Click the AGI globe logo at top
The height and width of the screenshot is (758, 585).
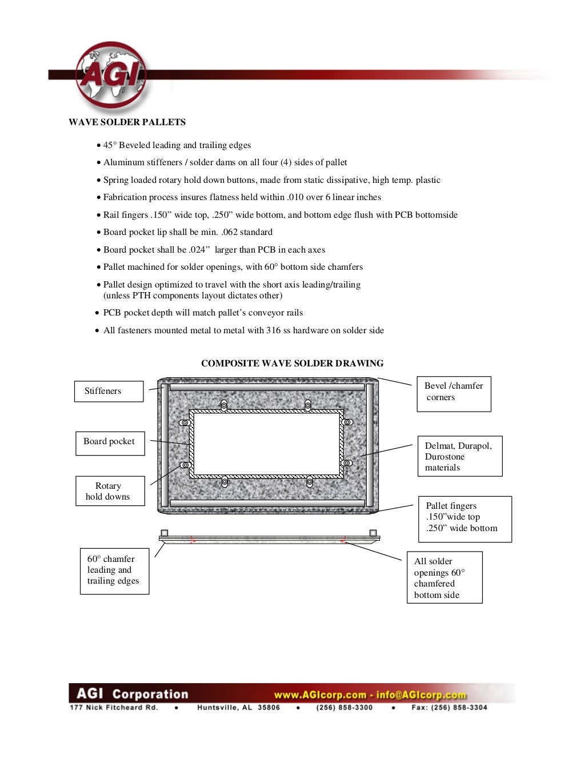(x=111, y=74)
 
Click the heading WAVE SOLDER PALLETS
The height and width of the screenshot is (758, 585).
(x=127, y=122)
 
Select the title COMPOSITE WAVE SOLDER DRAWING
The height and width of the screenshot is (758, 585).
(x=292, y=363)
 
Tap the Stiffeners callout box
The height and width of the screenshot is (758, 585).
(x=109, y=391)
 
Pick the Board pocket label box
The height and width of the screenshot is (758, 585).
(x=110, y=442)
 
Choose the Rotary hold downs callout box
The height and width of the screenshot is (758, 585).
(x=110, y=491)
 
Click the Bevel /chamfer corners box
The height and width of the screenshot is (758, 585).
(x=454, y=393)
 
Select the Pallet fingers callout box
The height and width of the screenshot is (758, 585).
(x=464, y=518)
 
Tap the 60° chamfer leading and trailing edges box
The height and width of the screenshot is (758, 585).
(x=114, y=571)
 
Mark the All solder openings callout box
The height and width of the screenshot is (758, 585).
(x=444, y=577)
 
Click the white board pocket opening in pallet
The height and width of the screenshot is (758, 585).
(x=267, y=443)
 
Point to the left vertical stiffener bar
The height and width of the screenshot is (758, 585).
(x=165, y=444)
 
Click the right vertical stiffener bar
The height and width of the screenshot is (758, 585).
(x=370, y=444)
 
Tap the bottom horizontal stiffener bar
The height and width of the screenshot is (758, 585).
(x=267, y=504)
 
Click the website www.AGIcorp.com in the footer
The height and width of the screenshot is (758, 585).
(x=320, y=695)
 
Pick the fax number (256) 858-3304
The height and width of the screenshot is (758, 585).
(x=460, y=708)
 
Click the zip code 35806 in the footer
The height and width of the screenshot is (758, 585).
(x=269, y=708)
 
